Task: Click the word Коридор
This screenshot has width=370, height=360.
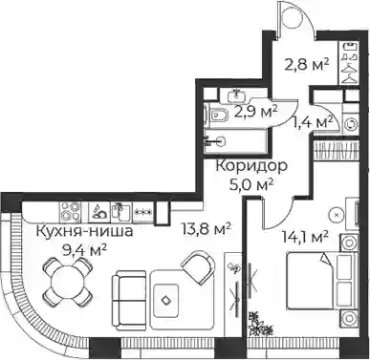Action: coord(251,166)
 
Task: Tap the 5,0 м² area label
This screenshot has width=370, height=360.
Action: coord(252,184)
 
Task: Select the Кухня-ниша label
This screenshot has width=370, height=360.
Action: coord(85,231)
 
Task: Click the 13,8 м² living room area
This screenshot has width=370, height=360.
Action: coord(207,228)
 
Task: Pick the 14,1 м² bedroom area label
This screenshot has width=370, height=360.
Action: coord(306,236)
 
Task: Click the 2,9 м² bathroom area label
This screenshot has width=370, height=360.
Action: coord(256,112)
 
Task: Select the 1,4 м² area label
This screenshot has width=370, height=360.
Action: coord(312,122)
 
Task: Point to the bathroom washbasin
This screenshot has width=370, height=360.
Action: coord(236,95)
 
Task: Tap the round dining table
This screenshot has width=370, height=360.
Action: coord(68,281)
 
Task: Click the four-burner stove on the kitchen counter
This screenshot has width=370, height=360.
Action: coord(70,212)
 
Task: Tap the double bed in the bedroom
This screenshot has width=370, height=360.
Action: coord(320,281)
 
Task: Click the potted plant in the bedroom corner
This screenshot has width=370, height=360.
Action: coord(260,325)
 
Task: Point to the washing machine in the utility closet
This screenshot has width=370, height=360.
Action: coord(352,124)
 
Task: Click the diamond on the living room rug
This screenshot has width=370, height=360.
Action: coord(165,300)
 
